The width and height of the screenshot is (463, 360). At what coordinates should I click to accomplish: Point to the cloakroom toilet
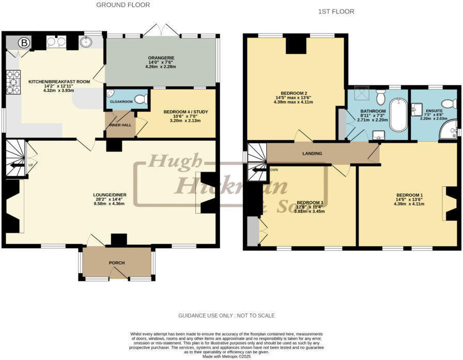pos(140,99)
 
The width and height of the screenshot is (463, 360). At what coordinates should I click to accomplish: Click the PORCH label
pos(116,263)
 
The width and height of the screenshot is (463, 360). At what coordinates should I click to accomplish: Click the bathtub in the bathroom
pos(398,115)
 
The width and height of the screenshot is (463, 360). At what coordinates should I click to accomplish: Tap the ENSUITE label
pos(434,111)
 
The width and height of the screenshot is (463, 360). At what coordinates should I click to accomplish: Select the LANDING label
pos(312,154)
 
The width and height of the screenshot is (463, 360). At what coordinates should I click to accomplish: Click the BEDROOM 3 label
pos(310,202)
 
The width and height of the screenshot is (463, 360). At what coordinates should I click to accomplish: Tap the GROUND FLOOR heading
pos(123,5)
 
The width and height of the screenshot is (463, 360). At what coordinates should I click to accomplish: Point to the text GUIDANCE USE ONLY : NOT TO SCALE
pos(226,316)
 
